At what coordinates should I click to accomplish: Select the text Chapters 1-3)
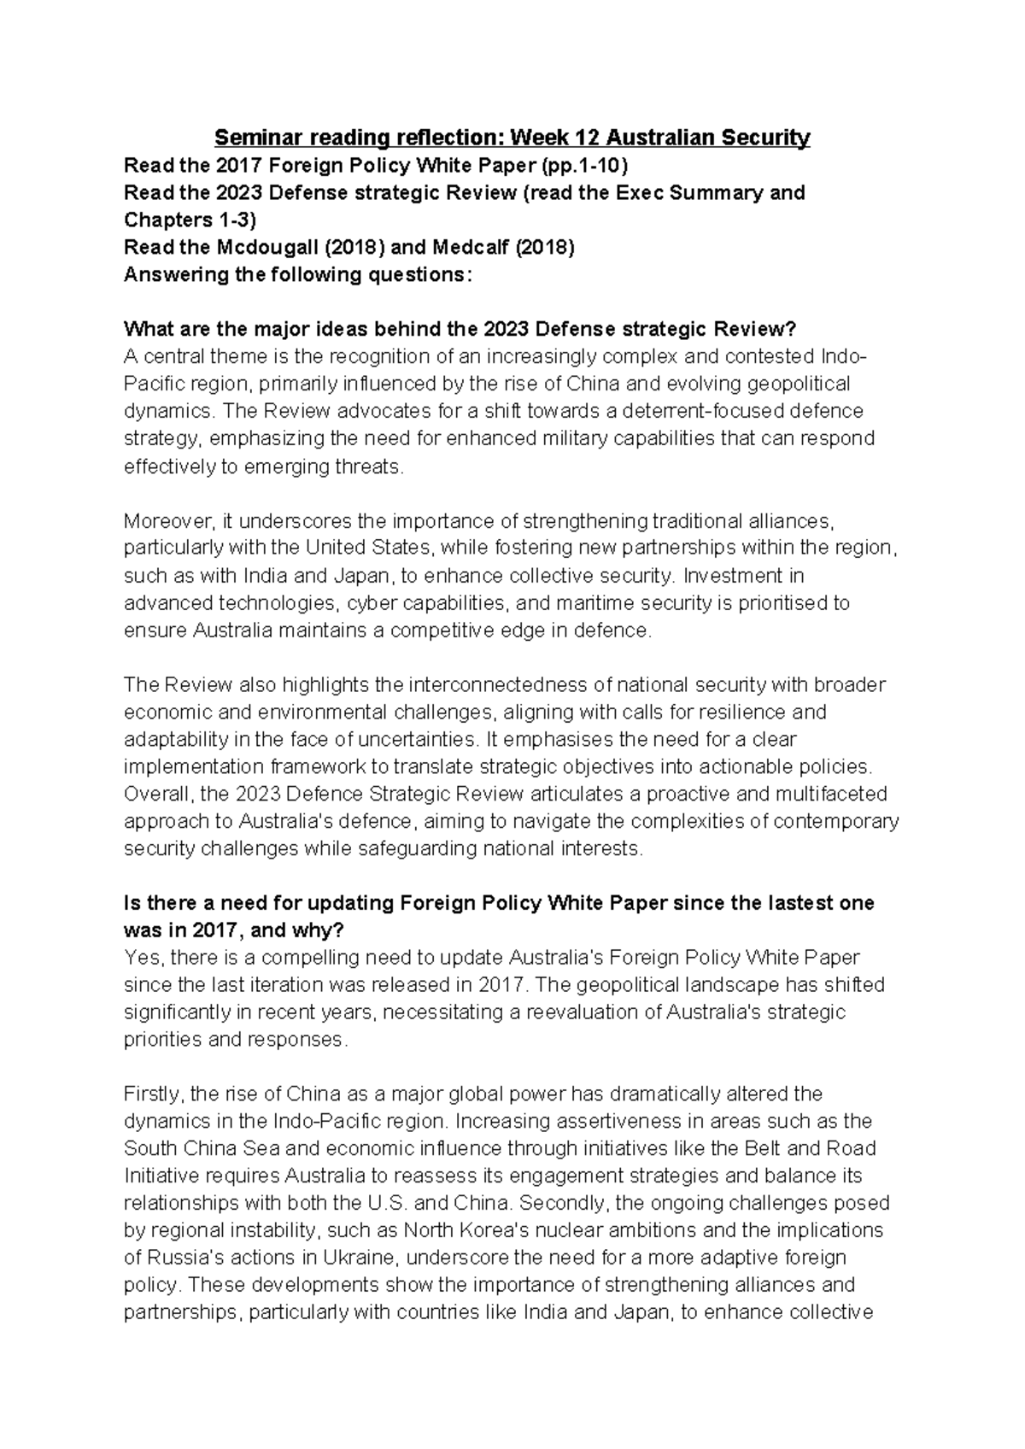[x=190, y=220]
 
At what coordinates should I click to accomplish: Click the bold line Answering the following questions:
[x=297, y=275]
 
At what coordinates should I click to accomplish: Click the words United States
[x=372, y=548]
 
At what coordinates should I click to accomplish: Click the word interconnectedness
[x=489, y=684]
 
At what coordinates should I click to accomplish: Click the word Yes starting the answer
[x=139, y=958]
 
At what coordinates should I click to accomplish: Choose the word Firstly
[x=153, y=1094]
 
